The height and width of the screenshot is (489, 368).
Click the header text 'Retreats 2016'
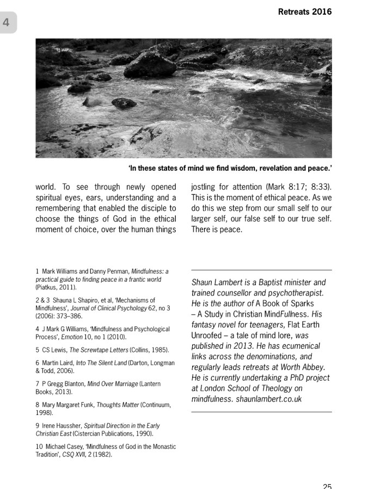304,11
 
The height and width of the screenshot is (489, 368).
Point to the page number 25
327,486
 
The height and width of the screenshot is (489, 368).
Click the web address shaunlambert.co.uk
269,399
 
